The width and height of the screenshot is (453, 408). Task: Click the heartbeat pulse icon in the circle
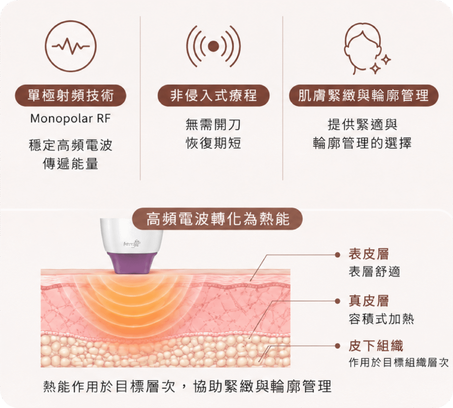[71, 46]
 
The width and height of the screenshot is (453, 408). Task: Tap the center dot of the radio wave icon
[214, 46]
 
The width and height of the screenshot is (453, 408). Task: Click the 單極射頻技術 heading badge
[71, 95]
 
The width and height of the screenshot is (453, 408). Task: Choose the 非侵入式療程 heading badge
[214, 95]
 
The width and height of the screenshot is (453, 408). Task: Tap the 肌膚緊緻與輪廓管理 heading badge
[364, 95]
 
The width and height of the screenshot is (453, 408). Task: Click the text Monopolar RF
[70, 118]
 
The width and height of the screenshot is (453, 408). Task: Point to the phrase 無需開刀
[213, 125]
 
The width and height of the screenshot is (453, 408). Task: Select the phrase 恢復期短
[213, 143]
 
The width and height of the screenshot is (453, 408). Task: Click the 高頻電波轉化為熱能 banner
[218, 218]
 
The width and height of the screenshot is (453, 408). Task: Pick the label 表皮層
[369, 254]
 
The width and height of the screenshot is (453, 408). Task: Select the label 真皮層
[369, 301]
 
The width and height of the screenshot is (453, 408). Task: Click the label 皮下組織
[376, 346]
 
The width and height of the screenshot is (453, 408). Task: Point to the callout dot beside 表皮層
[337, 255]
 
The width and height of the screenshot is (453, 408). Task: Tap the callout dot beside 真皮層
[337, 301]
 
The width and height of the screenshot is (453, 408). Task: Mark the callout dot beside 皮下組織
[337, 346]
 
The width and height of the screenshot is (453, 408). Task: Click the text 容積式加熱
[381, 319]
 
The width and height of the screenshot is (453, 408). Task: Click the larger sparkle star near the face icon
[375, 68]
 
